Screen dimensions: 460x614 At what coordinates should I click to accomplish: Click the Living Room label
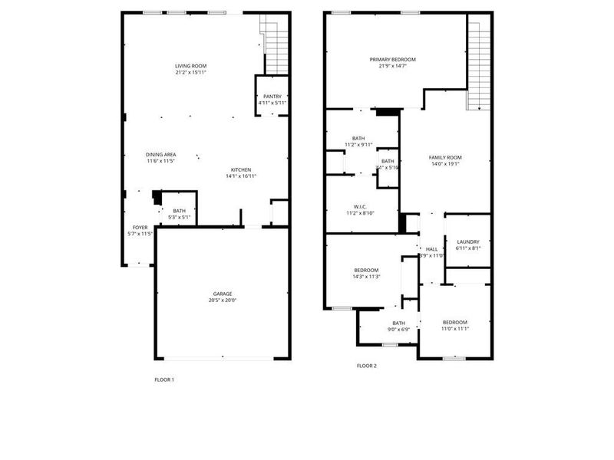tap(190, 67)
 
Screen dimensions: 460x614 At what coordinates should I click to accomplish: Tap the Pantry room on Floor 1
tap(271, 96)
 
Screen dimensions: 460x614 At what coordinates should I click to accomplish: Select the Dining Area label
tap(161, 155)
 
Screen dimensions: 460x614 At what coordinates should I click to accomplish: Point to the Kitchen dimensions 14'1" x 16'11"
tap(240, 176)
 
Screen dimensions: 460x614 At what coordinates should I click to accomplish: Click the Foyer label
tap(140, 227)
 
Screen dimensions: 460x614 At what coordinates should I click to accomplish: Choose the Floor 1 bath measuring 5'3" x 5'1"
tap(179, 214)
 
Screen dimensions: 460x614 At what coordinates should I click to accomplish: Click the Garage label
tap(223, 294)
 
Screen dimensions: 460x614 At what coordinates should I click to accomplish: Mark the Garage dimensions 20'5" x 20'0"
tap(223, 301)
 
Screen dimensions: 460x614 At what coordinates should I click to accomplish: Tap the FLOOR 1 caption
tap(164, 379)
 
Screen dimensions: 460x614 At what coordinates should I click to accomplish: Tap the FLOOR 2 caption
tap(367, 366)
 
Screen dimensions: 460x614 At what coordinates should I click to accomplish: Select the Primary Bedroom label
tap(392, 60)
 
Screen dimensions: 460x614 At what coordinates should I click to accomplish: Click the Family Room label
tap(445, 157)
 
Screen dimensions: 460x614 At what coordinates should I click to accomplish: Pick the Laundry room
tap(467, 245)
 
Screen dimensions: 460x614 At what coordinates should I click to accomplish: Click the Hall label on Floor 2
tap(431, 249)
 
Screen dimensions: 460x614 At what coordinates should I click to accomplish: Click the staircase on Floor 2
tap(478, 65)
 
